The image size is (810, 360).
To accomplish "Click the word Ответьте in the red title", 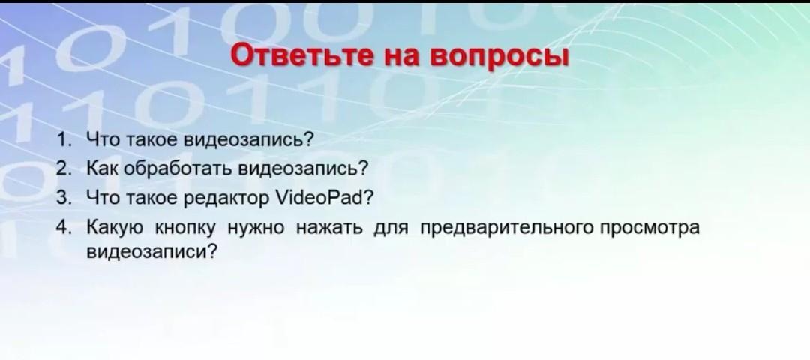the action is [301, 56].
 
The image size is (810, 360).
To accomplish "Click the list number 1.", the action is [63, 139].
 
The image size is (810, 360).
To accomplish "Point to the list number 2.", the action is [63, 169].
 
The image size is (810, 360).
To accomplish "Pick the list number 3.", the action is [63, 198].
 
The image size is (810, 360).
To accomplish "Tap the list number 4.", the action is [63, 226].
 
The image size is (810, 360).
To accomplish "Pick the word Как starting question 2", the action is [103, 169].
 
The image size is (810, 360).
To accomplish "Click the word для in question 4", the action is [391, 229].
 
